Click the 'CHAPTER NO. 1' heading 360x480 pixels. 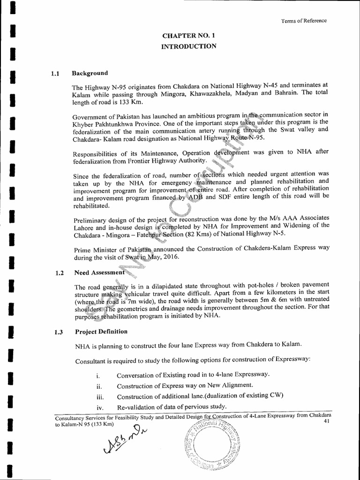pos(189,35)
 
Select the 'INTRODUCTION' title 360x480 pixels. pos(189,46)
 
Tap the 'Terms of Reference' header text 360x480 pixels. pos(304,21)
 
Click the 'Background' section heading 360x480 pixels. pos(90,73)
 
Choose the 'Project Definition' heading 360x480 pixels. pos(101,331)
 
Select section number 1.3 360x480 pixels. pos(59,332)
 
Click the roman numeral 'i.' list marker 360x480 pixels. pos(97,375)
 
